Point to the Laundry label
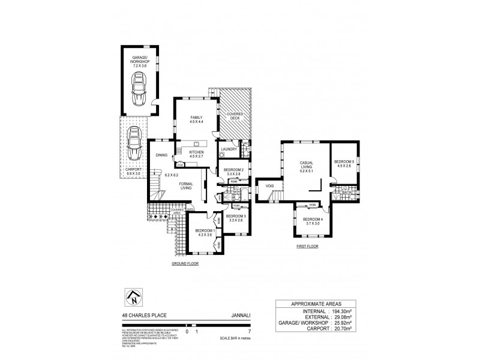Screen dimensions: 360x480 227,149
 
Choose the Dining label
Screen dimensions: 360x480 161,155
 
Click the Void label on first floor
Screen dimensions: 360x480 269,186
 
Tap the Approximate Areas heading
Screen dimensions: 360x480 317,304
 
